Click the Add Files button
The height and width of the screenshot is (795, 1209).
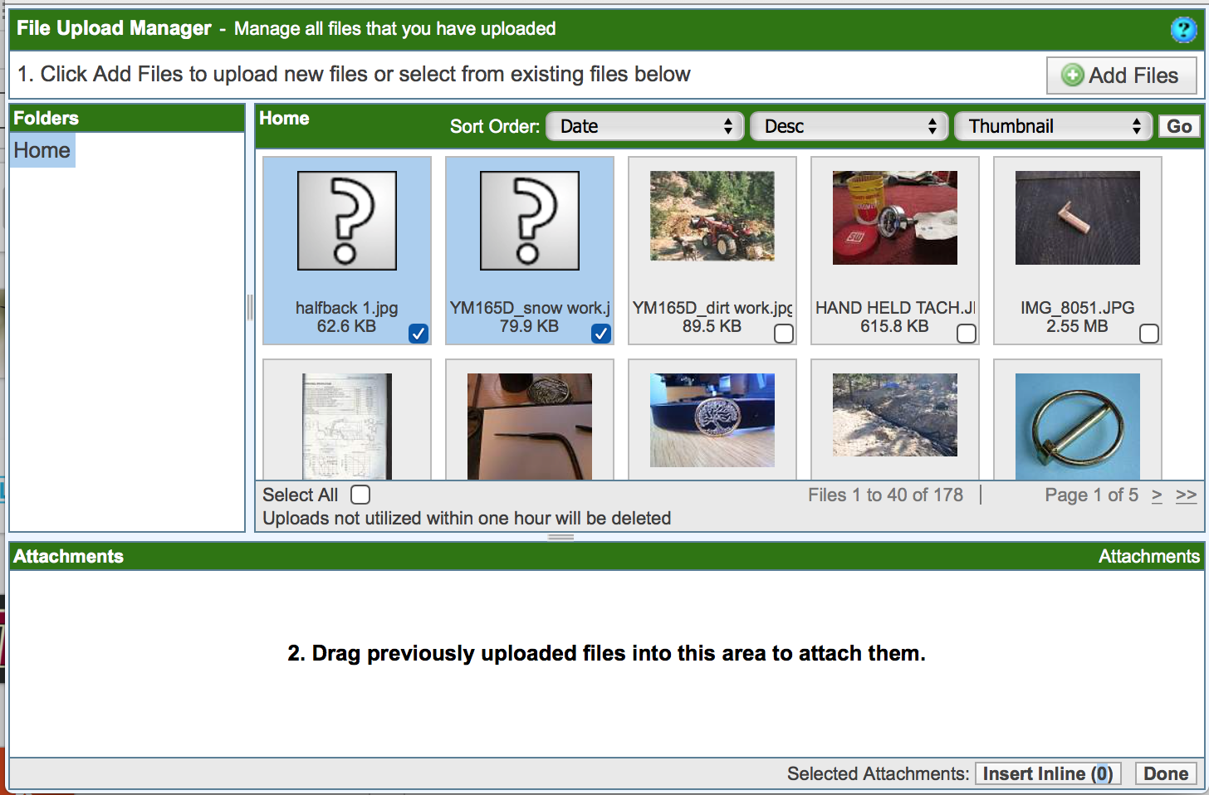(x=1121, y=76)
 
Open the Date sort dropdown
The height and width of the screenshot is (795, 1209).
(x=645, y=127)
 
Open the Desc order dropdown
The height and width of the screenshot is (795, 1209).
(x=849, y=127)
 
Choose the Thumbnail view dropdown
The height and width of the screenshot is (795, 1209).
(x=1054, y=127)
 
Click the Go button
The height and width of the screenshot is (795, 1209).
(x=1179, y=127)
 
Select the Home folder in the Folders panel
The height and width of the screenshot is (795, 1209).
(x=42, y=150)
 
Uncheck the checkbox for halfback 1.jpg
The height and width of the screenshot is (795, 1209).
(x=418, y=334)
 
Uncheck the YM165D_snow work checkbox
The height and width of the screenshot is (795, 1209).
(x=600, y=334)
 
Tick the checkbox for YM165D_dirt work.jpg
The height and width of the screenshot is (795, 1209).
(x=783, y=334)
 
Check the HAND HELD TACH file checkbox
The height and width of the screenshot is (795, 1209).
(x=967, y=334)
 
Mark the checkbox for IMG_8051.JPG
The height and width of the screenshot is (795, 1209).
(x=1149, y=334)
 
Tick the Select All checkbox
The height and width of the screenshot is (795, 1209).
(x=360, y=495)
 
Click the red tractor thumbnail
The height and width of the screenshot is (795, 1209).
(x=712, y=217)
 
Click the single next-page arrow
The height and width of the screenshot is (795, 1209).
(x=1157, y=495)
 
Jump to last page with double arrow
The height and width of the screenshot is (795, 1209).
(x=1186, y=495)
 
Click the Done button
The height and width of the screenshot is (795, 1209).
(x=1166, y=773)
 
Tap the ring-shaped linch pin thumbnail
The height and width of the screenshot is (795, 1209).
(x=1077, y=427)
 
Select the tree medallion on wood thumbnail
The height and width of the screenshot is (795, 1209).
(x=712, y=420)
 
